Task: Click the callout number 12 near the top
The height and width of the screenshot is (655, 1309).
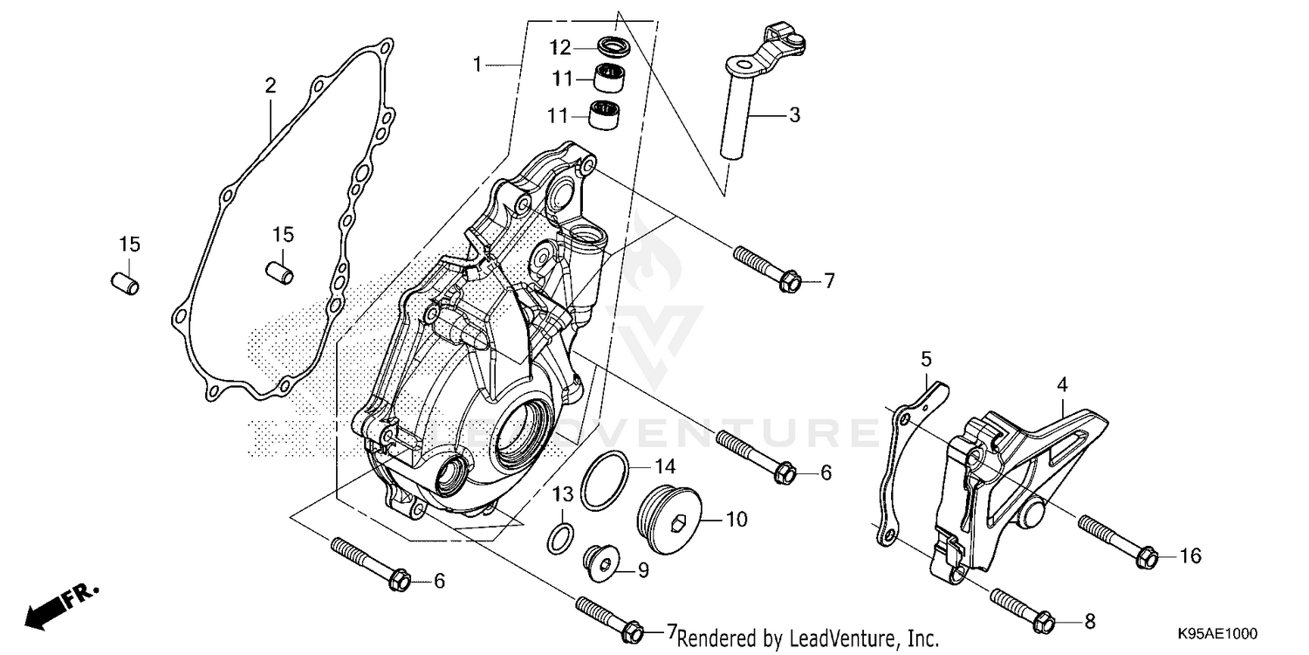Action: tap(559, 45)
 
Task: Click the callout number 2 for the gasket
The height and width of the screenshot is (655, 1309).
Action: tap(271, 86)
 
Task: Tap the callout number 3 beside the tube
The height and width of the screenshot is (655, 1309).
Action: tap(794, 114)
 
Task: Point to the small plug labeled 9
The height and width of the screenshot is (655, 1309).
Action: tap(603, 564)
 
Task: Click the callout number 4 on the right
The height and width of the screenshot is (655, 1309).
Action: tap(1063, 384)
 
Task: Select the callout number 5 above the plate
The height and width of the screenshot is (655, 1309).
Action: tap(926, 358)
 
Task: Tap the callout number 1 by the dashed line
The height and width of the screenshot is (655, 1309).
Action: tap(477, 64)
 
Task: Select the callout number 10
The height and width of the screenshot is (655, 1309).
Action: tap(737, 520)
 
